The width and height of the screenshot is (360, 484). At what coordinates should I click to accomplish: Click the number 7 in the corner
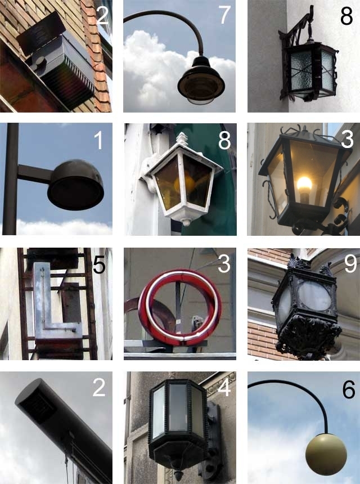pyautogui.click(x=224, y=15)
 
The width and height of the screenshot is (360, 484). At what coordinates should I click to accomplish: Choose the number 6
pyautogui.click(x=349, y=389)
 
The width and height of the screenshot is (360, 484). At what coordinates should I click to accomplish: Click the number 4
pyautogui.click(x=224, y=388)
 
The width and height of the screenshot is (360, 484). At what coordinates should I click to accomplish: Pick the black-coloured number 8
pyautogui.click(x=346, y=16)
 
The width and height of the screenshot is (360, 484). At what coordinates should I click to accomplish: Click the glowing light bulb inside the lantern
pyautogui.click(x=304, y=184)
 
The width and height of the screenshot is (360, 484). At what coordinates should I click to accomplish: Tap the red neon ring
pyautogui.click(x=180, y=307)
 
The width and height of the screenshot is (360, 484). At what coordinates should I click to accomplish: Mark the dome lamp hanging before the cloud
pyautogui.click(x=201, y=80)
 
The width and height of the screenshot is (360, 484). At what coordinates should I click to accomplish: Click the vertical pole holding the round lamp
pyautogui.click(x=10, y=179)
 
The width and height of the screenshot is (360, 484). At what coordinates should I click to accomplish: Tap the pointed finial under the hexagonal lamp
pyautogui.click(x=178, y=474)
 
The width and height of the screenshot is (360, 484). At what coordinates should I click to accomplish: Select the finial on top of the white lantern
pyautogui.click(x=182, y=138)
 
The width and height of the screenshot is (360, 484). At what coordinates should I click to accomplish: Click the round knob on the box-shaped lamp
pyautogui.click(x=39, y=62)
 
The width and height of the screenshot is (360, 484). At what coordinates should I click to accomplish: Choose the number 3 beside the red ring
pyautogui.click(x=224, y=265)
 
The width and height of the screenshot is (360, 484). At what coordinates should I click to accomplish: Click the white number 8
pyautogui.click(x=224, y=141)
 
